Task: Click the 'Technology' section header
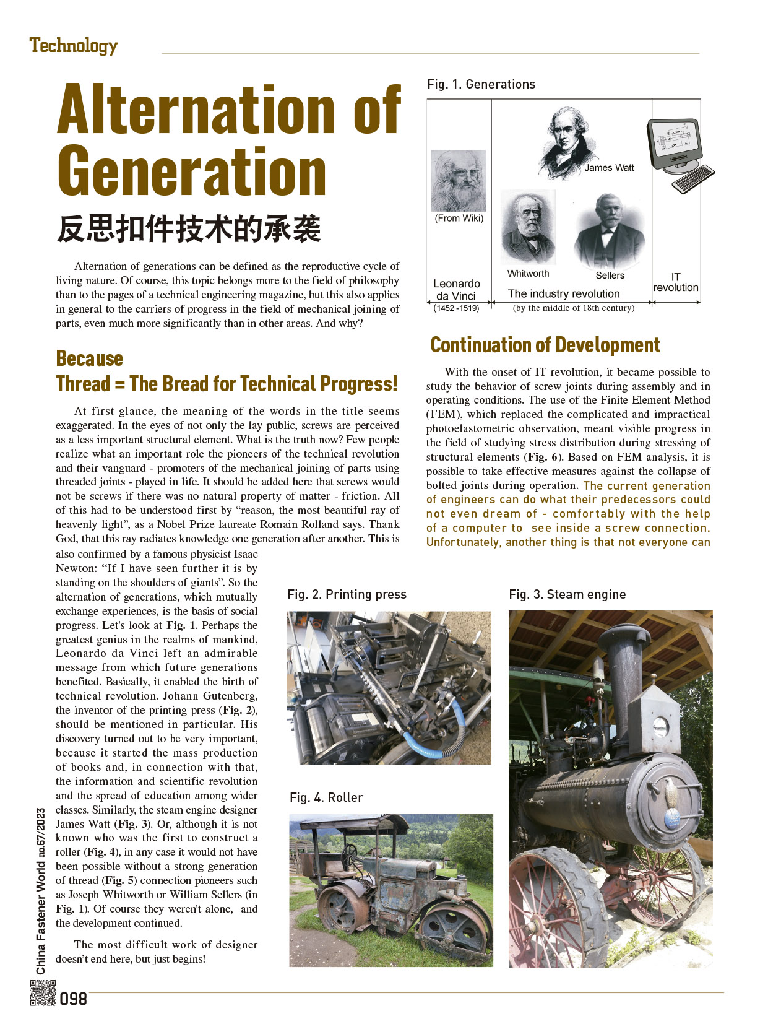click(73, 46)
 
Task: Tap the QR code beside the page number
click(43, 992)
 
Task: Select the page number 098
click(74, 999)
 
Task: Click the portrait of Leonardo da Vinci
click(459, 180)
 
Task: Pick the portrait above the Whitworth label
click(527, 227)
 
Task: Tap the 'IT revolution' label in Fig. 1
click(676, 282)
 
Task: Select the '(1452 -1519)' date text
click(456, 308)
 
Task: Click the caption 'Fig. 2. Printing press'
click(347, 594)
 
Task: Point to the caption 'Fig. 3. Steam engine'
click(567, 594)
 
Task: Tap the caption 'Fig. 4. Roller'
click(326, 797)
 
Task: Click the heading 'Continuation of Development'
click(545, 345)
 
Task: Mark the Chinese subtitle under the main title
click(189, 228)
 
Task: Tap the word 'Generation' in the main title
click(192, 171)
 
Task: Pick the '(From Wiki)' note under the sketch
click(459, 218)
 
